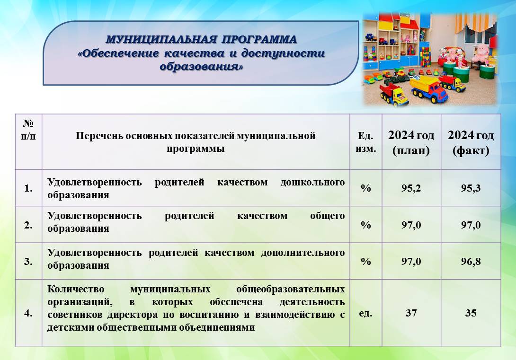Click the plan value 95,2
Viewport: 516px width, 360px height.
coord(411,188)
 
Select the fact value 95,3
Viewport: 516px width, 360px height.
coord(471,188)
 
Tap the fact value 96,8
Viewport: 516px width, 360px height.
coord(471,262)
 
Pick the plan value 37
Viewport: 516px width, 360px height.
coord(411,313)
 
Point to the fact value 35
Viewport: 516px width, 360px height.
coord(471,313)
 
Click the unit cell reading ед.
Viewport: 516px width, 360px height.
coord(365,313)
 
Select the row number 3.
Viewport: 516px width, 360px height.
coord(28,262)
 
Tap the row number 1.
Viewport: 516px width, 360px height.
coord(28,188)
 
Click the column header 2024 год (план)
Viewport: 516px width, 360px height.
coord(411,142)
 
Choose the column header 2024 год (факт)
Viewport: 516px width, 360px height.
coord(471,142)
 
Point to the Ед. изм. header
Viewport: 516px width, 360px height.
coord(365,142)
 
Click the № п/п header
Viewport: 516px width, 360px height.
coord(28,130)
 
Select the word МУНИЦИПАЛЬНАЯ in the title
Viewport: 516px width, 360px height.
coord(161,39)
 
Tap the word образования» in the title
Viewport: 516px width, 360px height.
coord(201,66)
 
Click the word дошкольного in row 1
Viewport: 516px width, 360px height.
coord(312,182)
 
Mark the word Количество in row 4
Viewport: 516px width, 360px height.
coord(76,289)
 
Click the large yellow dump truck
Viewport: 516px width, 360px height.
coord(429,89)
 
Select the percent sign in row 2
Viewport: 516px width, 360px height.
coord(365,225)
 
